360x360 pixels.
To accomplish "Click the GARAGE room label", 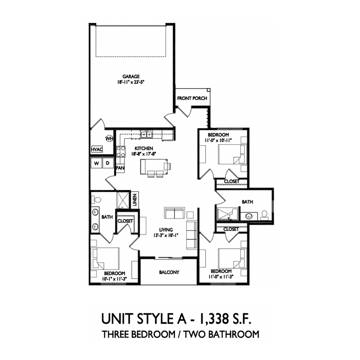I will point(131,76).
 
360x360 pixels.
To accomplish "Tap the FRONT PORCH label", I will point(192,98).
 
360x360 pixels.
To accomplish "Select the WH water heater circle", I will point(109,139).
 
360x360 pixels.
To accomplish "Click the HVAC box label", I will point(97,149).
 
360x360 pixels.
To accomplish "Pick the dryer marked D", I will point(108,163).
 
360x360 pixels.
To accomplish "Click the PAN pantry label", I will point(120,168).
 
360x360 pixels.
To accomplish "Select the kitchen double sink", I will point(146,134).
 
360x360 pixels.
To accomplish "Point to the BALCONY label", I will point(169,272).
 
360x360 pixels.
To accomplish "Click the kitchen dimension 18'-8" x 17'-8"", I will point(143,153).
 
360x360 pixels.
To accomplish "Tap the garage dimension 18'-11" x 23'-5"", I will point(131,82).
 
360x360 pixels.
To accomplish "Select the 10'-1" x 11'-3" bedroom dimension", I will point(114,278).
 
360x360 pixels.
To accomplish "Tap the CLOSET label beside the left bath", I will point(125,221).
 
